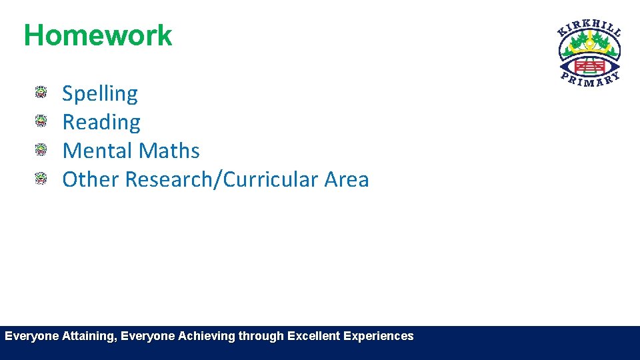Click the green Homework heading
click(x=98, y=35)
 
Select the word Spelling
click(x=100, y=94)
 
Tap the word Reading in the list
click(x=101, y=123)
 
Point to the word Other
click(x=91, y=179)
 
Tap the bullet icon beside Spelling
click(x=41, y=93)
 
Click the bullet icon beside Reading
click(x=41, y=121)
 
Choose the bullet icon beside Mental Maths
click(x=41, y=149)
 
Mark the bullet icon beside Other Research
click(x=41, y=178)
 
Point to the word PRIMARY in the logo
click(x=589, y=81)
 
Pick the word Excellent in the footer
click(x=313, y=337)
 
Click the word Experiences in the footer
click(x=378, y=337)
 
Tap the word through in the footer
click(x=261, y=337)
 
